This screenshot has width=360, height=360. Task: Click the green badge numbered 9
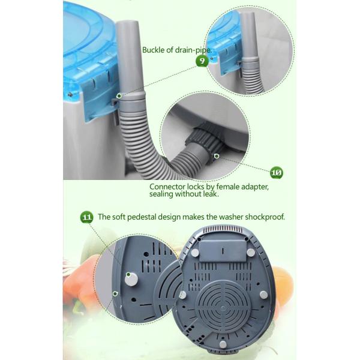tap(203, 62)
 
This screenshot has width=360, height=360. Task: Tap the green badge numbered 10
tap(277, 173)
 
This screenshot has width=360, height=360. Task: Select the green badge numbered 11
tap(87, 217)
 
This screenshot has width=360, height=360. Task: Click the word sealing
tap(163, 194)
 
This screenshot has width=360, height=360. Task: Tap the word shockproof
tap(262, 217)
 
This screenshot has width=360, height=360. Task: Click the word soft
tap(122, 217)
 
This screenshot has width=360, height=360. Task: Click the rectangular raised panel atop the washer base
tap(221, 245)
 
